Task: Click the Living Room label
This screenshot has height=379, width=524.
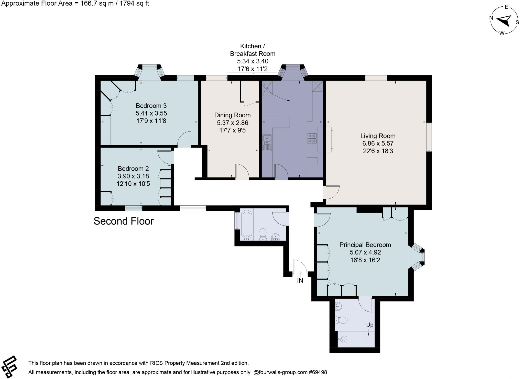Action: pyautogui.click(x=378, y=136)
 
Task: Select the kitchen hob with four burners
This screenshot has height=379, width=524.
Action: pyautogui.click(x=312, y=138)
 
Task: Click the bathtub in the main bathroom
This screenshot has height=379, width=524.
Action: pyautogui.click(x=247, y=225)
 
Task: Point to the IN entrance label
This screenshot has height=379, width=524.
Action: pyautogui.click(x=300, y=281)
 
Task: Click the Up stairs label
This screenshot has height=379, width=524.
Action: pyautogui.click(x=370, y=325)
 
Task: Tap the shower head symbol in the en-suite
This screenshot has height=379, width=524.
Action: pyautogui.click(x=343, y=339)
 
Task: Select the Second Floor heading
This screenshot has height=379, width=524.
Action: pyautogui.click(x=123, y=221)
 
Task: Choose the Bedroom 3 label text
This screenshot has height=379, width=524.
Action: pyautogui.click(x=151, y=106)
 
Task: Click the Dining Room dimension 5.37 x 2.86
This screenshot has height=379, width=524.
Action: pyautogui.click(x=232, y=123)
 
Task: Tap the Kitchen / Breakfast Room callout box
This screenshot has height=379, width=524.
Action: pyautogui.click(x=253, y=57)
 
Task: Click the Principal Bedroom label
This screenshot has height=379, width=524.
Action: pyautogui.click(x=365, y=245)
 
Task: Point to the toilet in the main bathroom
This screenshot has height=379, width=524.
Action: pyautogui.click(x=263, y=234)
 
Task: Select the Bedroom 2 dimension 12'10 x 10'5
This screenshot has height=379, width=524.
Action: pyautogui.click(x=133, y=184)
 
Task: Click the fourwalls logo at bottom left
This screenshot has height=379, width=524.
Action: pyautogui.click(x=9, y=366)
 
